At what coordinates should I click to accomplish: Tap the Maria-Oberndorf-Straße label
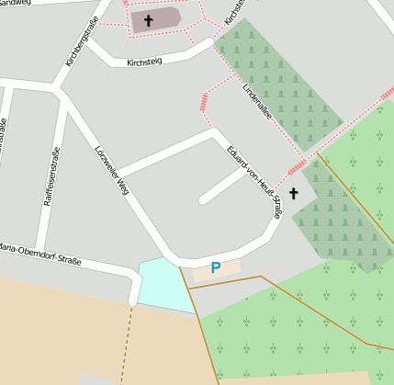pos(40,254)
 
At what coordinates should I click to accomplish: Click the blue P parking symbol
pos(216,268)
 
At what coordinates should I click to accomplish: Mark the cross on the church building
pos(148,19)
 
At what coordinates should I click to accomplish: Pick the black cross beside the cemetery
pos(294,193)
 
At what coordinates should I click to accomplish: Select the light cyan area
pos(162,283)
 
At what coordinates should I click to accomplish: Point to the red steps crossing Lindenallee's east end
pos(297,166)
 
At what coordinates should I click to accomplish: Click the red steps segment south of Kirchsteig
pos(204,101)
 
